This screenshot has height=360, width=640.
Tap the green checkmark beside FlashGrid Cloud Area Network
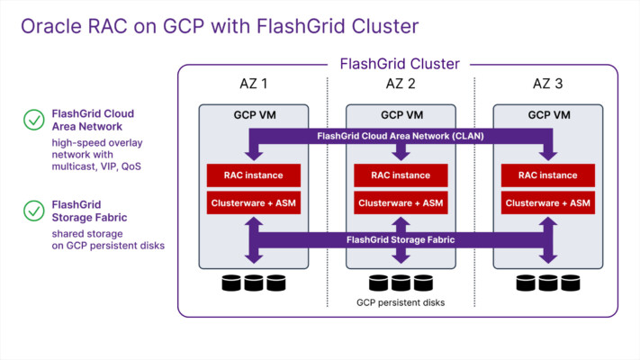click(34, 120)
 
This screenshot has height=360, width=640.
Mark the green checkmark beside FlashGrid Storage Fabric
click(34, 211)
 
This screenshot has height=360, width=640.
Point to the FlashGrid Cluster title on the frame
click(400, 64)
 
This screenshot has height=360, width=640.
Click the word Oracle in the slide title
click(51, 26)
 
